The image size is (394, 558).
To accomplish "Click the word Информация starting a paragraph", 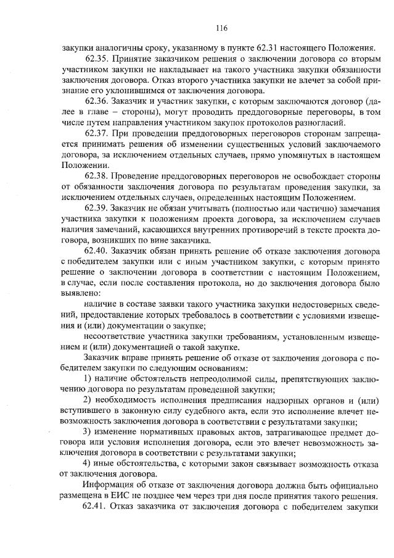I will (x=111, y=486).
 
